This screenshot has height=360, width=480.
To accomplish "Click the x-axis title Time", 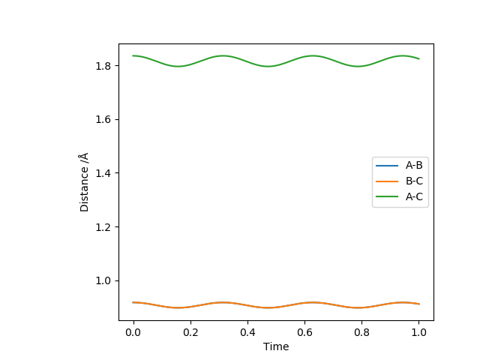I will pyautogui.click(x=276, y=346).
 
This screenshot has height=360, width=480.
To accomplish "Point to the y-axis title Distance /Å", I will pyautogui.click(x=85, y=181).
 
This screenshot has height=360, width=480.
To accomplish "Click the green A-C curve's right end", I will pyautogui.click(x=419, y=58).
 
